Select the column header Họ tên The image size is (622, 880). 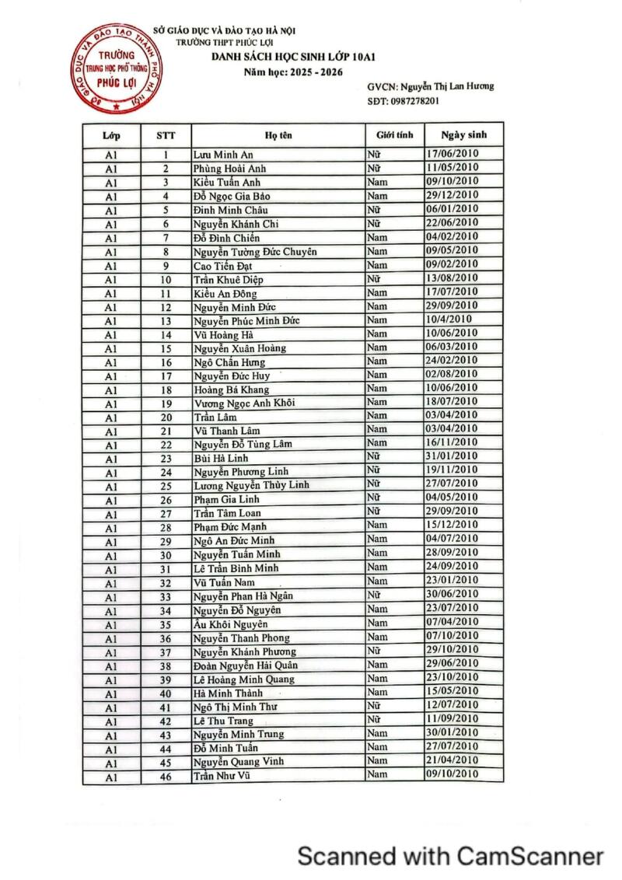(278, 135)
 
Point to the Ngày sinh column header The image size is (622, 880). (463, 134)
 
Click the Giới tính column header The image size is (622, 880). (395, 134)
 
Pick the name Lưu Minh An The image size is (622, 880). (223, 155)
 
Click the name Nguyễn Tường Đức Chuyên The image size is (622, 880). (255, 251)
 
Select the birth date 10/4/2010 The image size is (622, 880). (449, 320)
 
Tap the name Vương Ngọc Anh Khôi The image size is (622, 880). (244, 403)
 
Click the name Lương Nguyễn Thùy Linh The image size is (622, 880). (251, 485)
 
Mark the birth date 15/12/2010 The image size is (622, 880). (452, 526)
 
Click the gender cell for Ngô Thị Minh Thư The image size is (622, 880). (374, 706)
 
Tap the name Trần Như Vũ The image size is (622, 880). (222, 775)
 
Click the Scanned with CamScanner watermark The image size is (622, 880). (451, 856)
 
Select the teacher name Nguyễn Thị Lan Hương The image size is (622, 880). (453, 87)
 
